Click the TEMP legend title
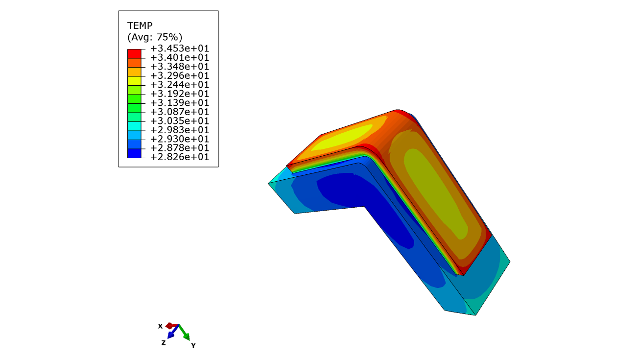click(140, 25)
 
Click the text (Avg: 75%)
click(155, 37)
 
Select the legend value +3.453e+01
click(180, 48)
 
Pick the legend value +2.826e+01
click(180, 157)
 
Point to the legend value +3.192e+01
click(180, 94)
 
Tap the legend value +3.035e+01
click(180, 120)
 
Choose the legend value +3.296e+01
click(180, 75)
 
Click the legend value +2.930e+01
click(180, 139)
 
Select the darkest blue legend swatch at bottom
click(134, 153)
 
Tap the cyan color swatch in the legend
click(134, 126)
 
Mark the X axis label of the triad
click(160, 326)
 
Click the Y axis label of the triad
click(193, 345)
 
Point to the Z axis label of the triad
click(164, 343)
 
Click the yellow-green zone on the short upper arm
click(343, 137)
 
